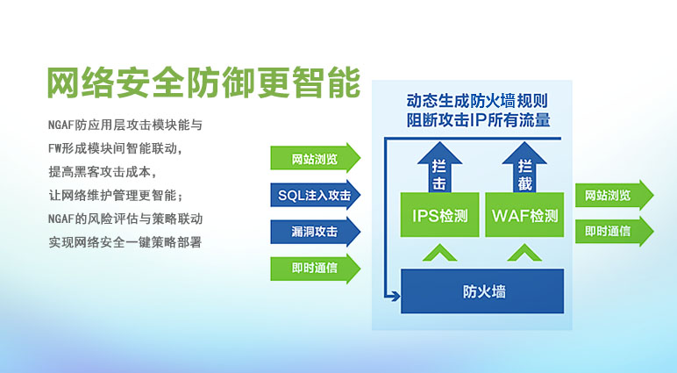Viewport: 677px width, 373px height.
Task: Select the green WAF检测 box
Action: pos(524,214)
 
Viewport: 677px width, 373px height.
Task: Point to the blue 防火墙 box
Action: pos(482,291)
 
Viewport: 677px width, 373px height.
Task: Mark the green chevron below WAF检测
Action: pos(524,254)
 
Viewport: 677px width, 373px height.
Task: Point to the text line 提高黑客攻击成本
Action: pos(103,170)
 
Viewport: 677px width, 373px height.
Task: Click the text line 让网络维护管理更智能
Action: pos(116,194)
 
